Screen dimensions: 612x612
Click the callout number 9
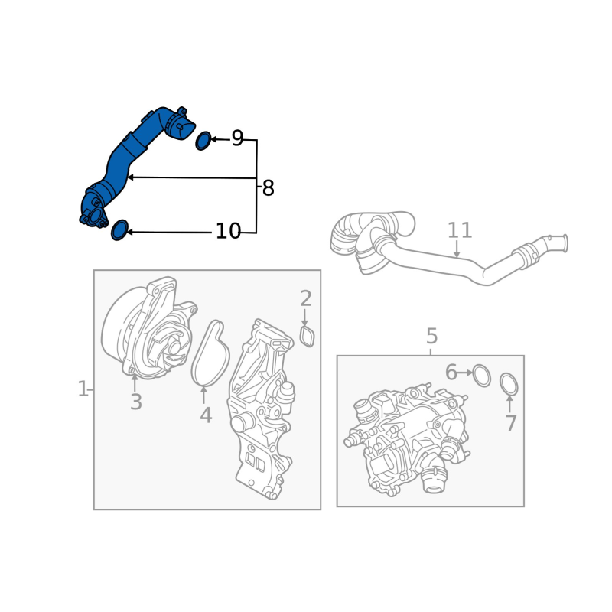coord(237,138)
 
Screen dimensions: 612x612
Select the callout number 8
coord(269,188)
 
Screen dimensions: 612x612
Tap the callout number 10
coord(228,231)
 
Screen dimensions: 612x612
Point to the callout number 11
coord(460,230)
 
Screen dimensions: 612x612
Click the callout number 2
coord(305,298)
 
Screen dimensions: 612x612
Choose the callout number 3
coord(136,402)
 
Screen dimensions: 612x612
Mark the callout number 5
coord(431,336)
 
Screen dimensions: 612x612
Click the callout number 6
coord(451,373)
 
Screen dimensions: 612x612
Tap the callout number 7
coord(511,423)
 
